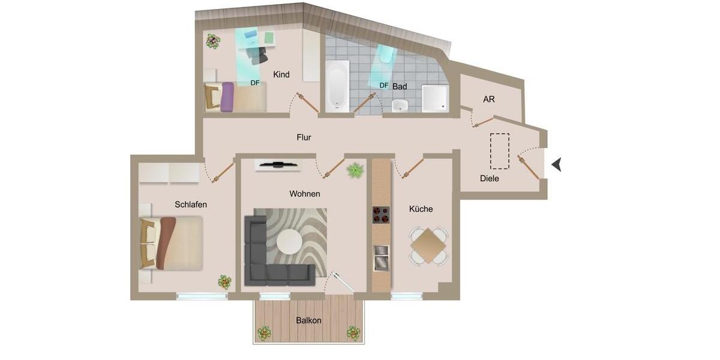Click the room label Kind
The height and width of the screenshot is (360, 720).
[x=281, y=75]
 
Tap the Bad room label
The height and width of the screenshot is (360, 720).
[x=400, y=86]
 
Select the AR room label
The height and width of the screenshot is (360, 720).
[x=489, y=99]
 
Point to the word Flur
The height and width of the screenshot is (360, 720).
[x=304, y=137]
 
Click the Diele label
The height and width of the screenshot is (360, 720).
[x=490, y=178]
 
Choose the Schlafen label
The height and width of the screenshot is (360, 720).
[x=191, y=205]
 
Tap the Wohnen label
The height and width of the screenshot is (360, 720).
[x=305, y=194]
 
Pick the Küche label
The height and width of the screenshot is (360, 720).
[x=421, y=209]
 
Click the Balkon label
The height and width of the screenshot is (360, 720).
[x=308, y=320]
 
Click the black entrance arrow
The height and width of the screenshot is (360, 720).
[x=556, y=164]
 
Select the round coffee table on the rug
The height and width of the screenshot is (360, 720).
[x=289, y=242]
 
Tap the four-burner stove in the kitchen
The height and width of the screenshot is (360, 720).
[x=381, y=215]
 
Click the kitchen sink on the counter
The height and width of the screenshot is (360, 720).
[x=381, y=258]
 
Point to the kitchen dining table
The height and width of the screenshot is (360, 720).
[x=428, y=245]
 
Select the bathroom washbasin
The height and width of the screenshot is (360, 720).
[x=400, y=106]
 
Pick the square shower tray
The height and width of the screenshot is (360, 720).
[x=434, y=98]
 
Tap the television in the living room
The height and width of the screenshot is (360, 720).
[x=277, y=164]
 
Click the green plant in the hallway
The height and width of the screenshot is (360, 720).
[x=355, y=170]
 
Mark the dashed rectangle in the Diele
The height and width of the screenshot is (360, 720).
[x=499, y=151]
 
